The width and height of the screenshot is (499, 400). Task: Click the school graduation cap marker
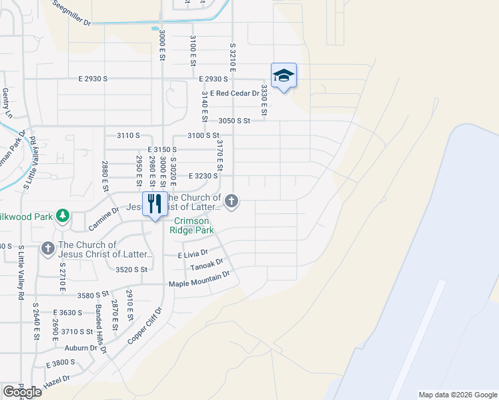click(x=284, y=75)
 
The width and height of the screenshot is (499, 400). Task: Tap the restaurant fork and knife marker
click(x=155, y=203)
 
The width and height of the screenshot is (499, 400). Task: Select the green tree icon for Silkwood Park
click(x=63, y=215)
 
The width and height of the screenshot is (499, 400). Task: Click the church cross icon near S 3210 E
click(x=231, y=200)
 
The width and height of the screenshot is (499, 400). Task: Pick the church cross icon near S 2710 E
click(x=47, y=249)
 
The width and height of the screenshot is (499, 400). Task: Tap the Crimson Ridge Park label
click(x=193, y=225)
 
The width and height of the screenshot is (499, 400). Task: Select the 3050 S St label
click(x=233, y=121)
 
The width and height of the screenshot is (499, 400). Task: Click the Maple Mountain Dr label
click(x=199, y=279)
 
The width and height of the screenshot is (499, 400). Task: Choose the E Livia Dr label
click(x=193, y=255)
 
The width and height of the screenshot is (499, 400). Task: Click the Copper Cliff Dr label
click(x=145, y=326)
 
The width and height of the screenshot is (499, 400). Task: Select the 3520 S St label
click(x=130, y=269)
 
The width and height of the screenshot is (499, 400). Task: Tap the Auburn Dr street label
click(x=81, y=347)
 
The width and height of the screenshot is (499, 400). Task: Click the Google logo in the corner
click(x=22, y=392)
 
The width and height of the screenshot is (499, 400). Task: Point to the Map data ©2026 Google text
click(x=458, y=395)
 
